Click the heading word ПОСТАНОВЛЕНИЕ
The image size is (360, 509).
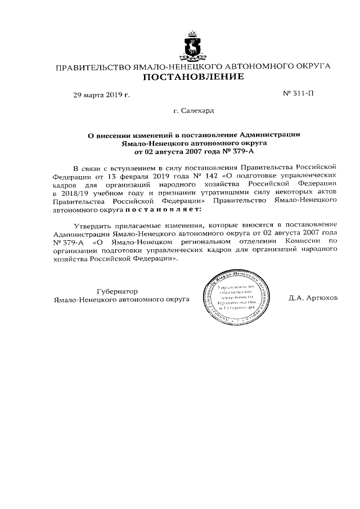click(x=192, y=77)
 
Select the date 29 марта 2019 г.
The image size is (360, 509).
click(x=101, y=94)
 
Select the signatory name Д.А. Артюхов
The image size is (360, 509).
click(x=313, y=298)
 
